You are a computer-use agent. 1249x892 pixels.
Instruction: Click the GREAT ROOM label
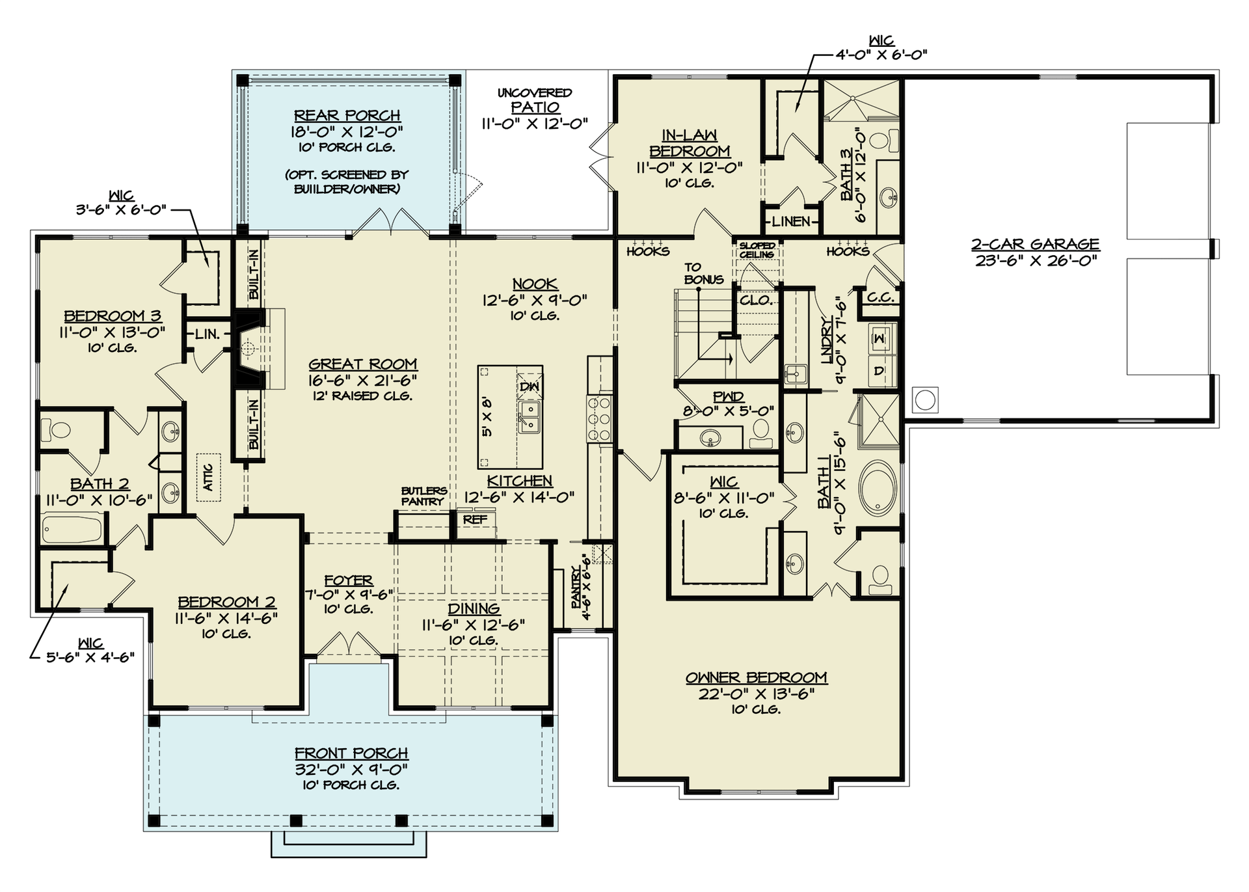tap(362, 364)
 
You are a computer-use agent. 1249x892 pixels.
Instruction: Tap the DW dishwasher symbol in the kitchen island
tap(529, 386)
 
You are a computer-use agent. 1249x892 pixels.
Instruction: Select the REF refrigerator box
tap(475, 520)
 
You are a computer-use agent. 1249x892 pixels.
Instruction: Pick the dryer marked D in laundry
tap(880, 372)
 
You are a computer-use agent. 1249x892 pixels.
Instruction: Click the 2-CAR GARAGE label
tap(1035, 245)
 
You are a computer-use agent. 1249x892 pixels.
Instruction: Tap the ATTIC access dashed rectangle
tap(209, 478)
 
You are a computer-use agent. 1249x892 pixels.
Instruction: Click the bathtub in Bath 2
tap(72, 528)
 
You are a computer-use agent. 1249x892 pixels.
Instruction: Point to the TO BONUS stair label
tap(703, 273)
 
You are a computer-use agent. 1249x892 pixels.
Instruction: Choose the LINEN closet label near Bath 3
tap(791, 222)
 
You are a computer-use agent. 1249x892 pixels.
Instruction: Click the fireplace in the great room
tap(248, 349)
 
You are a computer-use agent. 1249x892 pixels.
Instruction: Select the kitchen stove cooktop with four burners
tap(599, 418)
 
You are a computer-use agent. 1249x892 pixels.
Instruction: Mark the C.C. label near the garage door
tap(881, 297)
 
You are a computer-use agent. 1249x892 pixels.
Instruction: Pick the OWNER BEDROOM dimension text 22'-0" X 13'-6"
tap(756, 694)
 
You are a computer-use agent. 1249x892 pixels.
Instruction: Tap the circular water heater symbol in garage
tap(926, 400)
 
